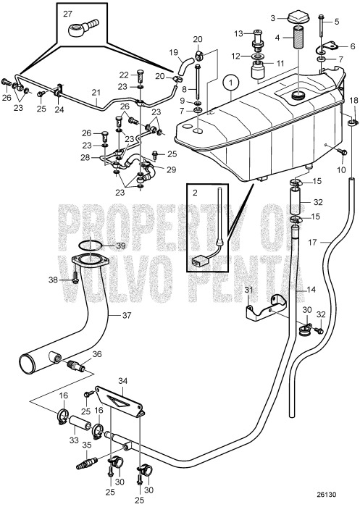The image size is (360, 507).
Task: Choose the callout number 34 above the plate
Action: pyautogui.click(x=122, y=380)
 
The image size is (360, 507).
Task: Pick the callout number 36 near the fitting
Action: pyautogui.click(x=97, y=354)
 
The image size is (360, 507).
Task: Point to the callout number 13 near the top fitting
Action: pyautogui.click(x=238, y=33)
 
